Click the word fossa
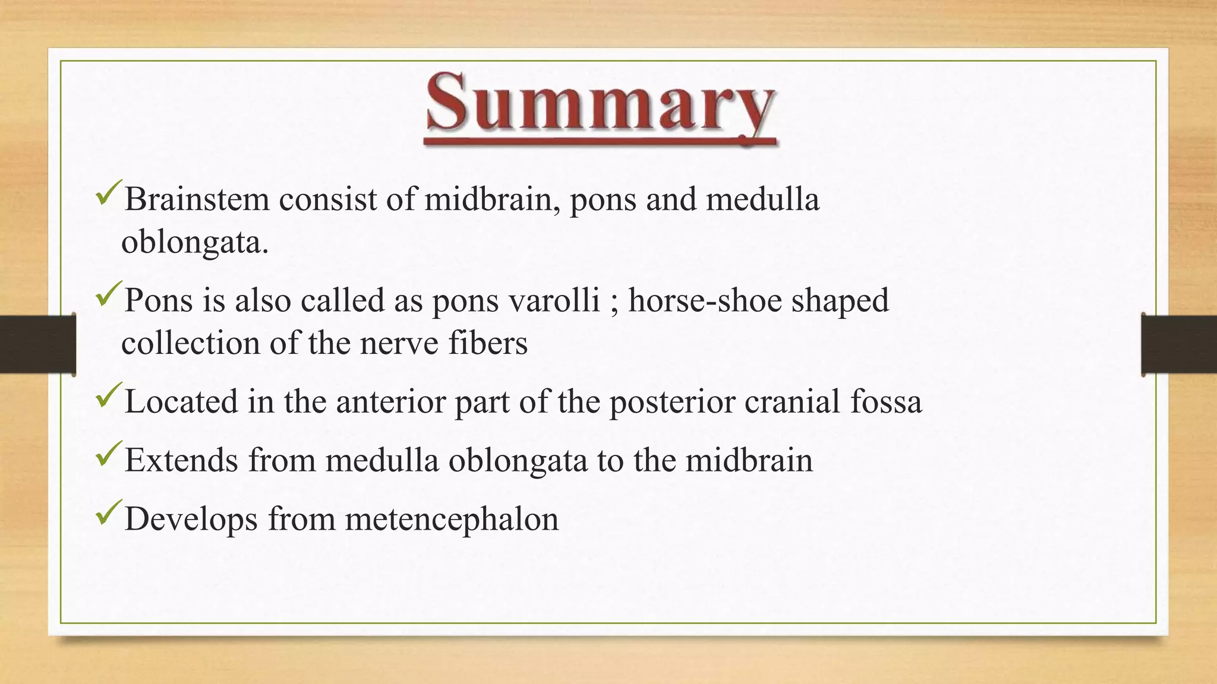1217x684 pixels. coord(886,402)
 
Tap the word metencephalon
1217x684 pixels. coord(452,519)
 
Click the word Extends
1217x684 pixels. coord(181,460)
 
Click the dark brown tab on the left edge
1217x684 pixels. coord(37,344)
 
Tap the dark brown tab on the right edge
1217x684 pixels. coord(1179,344)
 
